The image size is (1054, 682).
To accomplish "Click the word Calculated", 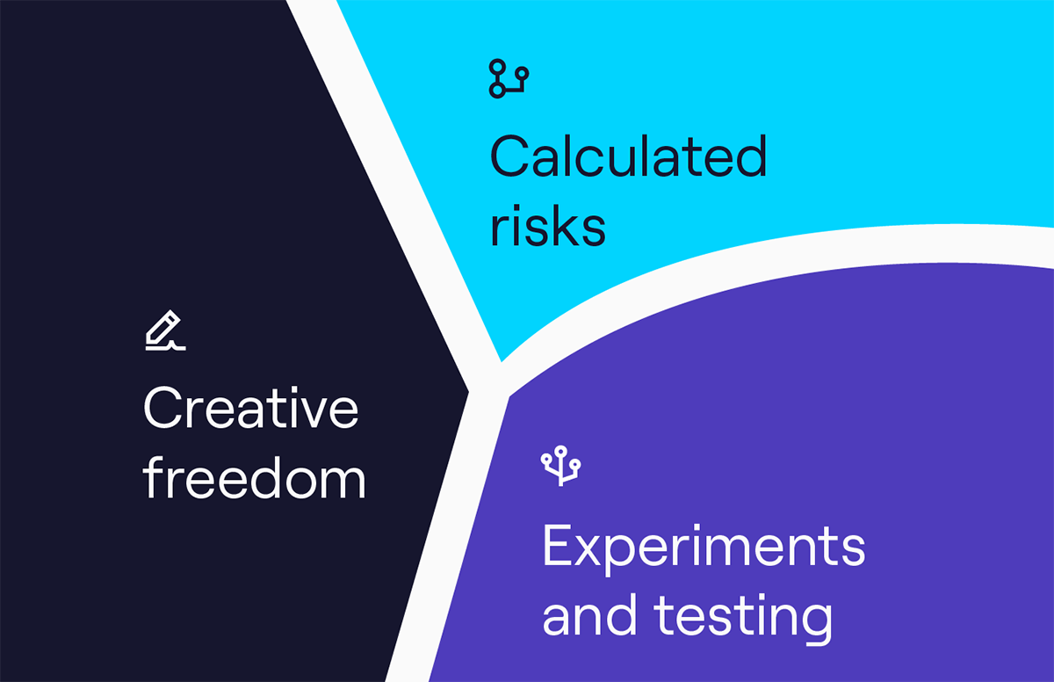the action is click(629, 156).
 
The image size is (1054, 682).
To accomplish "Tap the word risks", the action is click(548, 225).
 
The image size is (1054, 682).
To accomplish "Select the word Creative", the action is click(251, 408).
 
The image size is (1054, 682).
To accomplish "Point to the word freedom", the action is click(254, 477).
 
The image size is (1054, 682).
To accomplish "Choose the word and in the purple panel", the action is click(590, 614).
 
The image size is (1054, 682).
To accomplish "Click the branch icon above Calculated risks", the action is click(509, 78).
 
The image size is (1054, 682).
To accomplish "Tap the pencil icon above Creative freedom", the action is click(166, 330).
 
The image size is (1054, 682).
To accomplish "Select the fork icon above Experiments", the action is click(560, 466).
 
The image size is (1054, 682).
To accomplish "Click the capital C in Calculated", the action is click(510, 156).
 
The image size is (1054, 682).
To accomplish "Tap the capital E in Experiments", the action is click(558, 545).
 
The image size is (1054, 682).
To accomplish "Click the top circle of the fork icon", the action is click(560, 452).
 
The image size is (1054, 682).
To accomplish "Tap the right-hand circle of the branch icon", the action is click(522, 74).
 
